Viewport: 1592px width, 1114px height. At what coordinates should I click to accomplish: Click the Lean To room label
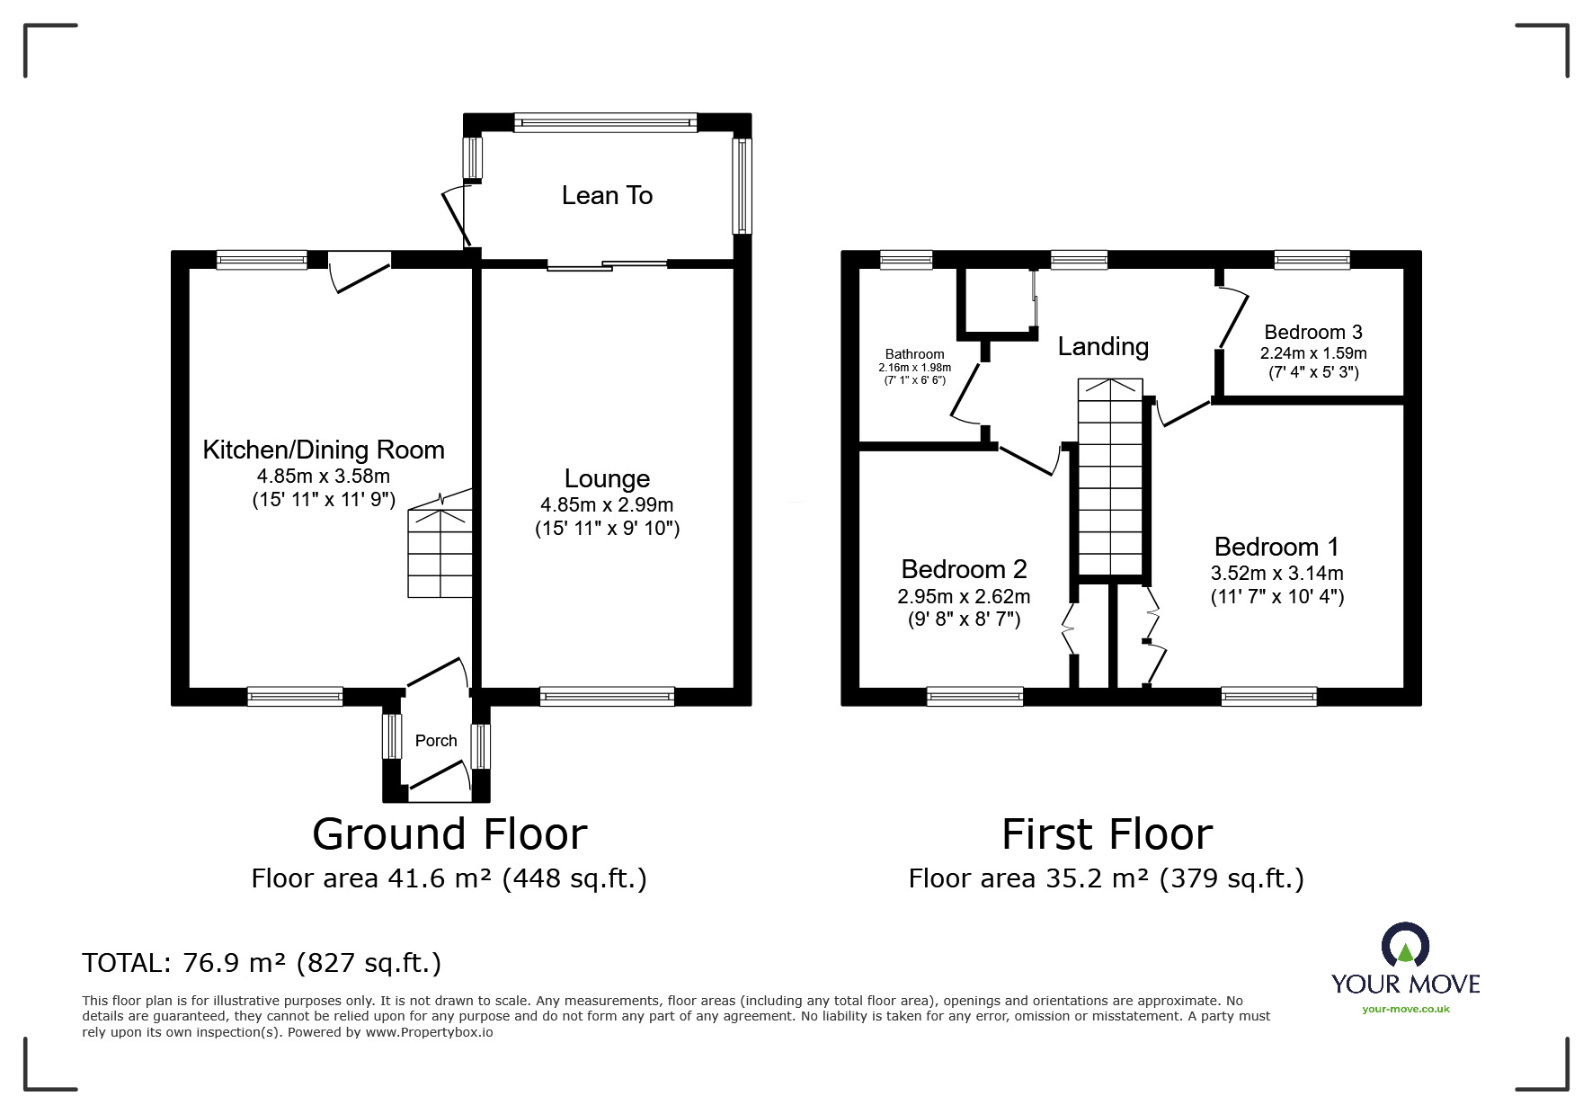coord(607,195)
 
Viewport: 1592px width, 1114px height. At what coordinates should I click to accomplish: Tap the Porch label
coord(436,740)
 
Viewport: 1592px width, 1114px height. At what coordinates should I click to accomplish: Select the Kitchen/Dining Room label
coord(324,450)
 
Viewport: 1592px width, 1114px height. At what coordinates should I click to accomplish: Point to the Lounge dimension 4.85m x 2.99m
coord(607,505)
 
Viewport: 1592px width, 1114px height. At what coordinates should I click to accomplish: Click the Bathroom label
coord(914,354)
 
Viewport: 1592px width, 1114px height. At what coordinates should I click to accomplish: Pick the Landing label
coord(1103,346)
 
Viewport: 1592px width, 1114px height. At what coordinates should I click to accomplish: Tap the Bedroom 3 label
coord(1313,332)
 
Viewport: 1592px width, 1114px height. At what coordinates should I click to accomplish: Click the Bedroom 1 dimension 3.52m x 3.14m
coord(1276,574)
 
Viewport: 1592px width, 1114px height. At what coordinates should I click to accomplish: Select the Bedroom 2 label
coord(964,569)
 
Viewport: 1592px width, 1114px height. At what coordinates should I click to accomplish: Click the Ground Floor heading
coord(449,833)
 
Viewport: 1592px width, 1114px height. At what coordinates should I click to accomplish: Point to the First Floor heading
coord(1107,833)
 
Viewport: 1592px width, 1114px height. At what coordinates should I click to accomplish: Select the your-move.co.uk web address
coord(1406,1009)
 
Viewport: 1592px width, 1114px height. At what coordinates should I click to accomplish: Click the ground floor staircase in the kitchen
coord(440,545)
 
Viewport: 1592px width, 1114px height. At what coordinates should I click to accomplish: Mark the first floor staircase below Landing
coord(1110,477)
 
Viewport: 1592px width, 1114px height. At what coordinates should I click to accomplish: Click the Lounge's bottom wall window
coord(607,696)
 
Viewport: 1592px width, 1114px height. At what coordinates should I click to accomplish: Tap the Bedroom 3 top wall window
coord(1312,260)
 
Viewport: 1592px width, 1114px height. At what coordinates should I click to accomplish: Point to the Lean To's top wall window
coord(606,122)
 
